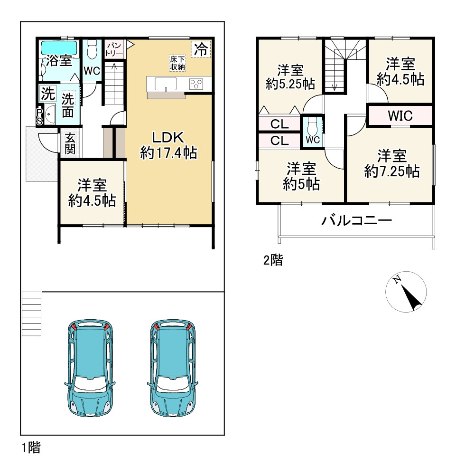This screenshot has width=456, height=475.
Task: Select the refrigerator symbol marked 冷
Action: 202,49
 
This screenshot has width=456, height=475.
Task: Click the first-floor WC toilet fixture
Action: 92,49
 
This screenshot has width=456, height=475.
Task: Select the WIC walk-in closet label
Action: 400,115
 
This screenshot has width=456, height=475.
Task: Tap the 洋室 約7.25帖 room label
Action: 391,163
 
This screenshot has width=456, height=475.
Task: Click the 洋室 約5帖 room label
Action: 301,176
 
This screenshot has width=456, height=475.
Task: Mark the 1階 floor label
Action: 30,447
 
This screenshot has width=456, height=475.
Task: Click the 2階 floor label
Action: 273,260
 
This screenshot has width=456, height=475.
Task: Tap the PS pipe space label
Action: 39,116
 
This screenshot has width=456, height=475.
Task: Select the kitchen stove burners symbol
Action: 195,84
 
